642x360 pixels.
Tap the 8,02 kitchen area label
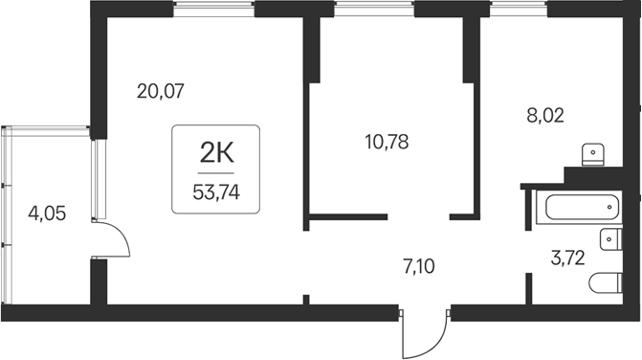[x=545, y=116]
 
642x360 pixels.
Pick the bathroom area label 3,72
[x=565, y=256]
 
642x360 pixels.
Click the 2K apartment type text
[x=216, y=150]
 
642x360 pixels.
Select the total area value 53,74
[x=216, y=190]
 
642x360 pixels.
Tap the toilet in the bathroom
[x=606, y=284]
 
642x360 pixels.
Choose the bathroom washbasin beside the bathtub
[x=608, y=240]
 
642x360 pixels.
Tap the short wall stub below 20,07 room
[x=305, y=299]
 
